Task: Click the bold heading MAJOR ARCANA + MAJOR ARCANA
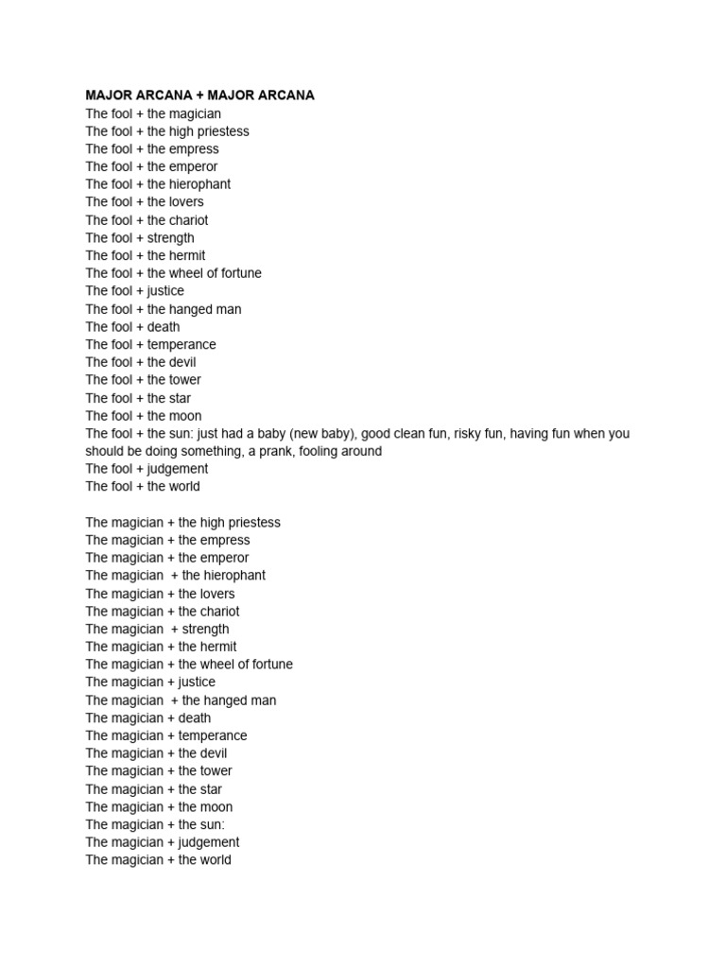pos(199,95)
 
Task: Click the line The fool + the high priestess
pos(167,131)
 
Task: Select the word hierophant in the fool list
pos(200,184)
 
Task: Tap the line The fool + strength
pos(140,237)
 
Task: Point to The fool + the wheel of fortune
pos(173,273)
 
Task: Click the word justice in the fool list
pos(165,291)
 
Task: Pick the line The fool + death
pos(132,327)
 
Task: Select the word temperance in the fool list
pos(181,344)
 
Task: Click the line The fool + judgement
pos(147,469)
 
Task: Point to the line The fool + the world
pos(143,487)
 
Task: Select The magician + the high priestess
pos(182,523)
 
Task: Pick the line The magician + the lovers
pos(160,594)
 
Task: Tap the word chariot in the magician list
pos(218,612)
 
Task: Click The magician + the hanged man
pos(181,700)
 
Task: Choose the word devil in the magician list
pos(214,753)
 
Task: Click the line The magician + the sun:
pos(155,824)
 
